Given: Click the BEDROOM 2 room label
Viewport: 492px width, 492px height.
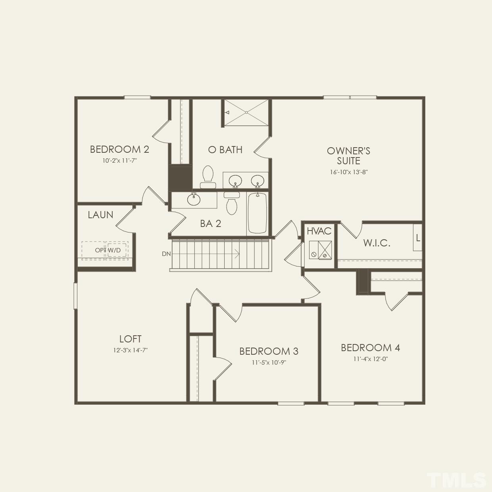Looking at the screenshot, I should point(119,149).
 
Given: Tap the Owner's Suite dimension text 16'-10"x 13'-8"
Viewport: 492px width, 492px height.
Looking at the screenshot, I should point(348,172).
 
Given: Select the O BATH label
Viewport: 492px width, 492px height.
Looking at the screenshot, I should point(225,150).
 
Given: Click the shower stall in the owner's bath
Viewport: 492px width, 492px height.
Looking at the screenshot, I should point(246,113).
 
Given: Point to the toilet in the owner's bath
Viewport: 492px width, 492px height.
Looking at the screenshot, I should point(208,177).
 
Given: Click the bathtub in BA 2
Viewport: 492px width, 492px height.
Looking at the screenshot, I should point(257,213).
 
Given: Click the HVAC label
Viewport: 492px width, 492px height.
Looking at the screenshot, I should point(319,231).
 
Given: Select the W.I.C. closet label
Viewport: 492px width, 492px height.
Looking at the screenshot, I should point(377,243).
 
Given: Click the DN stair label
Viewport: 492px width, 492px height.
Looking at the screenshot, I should point(166,254).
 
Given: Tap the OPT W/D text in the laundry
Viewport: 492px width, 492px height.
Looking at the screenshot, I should point(108,250).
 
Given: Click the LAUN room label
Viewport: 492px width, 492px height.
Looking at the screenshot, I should point(100,215).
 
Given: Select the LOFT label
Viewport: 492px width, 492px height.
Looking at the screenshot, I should point(130,339).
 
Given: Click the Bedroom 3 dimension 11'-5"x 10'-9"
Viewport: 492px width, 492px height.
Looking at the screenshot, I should point(269,362).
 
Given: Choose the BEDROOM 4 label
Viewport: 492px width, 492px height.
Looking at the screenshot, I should point(370,348).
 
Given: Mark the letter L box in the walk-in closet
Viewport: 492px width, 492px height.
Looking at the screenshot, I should point(418,238).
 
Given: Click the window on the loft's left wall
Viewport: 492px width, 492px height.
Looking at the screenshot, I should point(75,296).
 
